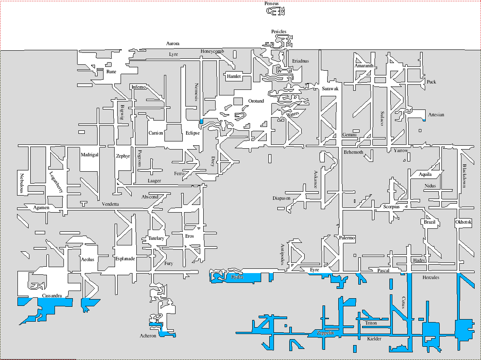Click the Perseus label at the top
[271, 3]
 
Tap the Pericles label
[279, 32]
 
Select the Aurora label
[173, 43]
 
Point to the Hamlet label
[234, 77]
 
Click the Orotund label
[256, 101]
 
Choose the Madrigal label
[89, 155]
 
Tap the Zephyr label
[123, 156]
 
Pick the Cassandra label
[52, 296]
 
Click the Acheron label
[148, 336]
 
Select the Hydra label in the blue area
[237, 277]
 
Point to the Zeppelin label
[325, 333]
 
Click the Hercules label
[431, 277]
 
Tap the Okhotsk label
[463, 222]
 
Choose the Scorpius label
[392, 207]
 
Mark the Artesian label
[436, 115]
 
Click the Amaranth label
[364, 66]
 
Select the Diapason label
[281, 198]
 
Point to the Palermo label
[347, 238]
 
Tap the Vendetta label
[110, 204]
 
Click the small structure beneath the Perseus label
[275, 12]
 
